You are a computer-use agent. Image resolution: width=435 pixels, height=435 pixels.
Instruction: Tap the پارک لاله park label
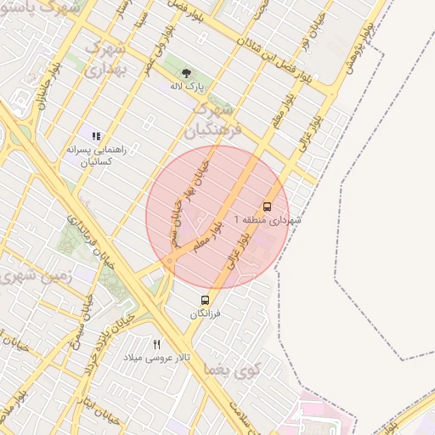pyautogui.click(x=186, y=87)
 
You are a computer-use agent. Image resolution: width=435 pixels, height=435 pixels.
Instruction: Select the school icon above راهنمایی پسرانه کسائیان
pyautogui.click(x=96, y=135)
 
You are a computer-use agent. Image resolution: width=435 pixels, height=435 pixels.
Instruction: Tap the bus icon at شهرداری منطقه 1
pyautogui.click(x=268, y=206)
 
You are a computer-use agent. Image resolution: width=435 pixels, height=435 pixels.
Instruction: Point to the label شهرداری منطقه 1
pyautogui.click(x=273, y=221)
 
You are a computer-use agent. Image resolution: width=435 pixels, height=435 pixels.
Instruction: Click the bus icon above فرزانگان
pyautogui.click(x=205, y=300)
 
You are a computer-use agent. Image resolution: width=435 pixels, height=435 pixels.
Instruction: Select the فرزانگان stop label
pyautogui.click(x=205, y=314)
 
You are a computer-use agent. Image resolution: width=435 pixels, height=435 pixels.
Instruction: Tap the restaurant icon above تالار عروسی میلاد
pyautogui.click(x=156, y=344)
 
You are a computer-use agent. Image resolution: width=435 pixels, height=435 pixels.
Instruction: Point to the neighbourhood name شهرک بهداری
pyautogui.click(x=107, y=59)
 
